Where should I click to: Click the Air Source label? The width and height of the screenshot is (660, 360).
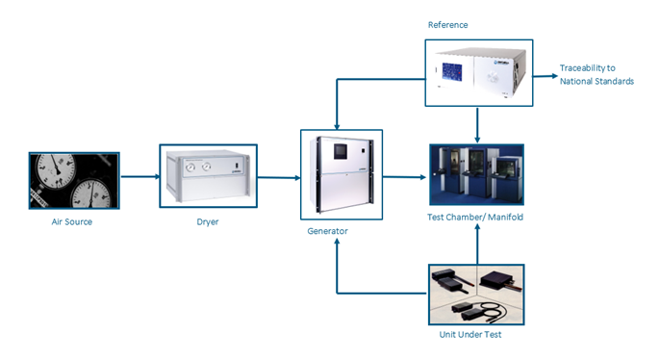(x=73, y=221)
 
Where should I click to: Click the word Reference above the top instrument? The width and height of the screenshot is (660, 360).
(x=447, y=22)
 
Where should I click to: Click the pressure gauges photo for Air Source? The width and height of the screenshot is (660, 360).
(x=74, y=180)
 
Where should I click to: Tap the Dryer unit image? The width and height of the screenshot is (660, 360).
(x=208, y=176)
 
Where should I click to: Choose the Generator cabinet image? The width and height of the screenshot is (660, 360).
(x=342, y=175)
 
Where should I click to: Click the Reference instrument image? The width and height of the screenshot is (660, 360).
(x=478, y=73)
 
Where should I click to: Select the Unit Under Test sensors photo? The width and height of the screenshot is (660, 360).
(x=476, y=294)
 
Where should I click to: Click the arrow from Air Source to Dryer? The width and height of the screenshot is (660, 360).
(x=140, y=177)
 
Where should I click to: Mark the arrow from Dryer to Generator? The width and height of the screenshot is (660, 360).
(x=279, y=177)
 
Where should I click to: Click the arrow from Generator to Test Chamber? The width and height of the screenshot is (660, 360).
(x=404, y=177)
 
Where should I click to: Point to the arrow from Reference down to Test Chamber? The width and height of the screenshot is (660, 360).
(x=478, y=123)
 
